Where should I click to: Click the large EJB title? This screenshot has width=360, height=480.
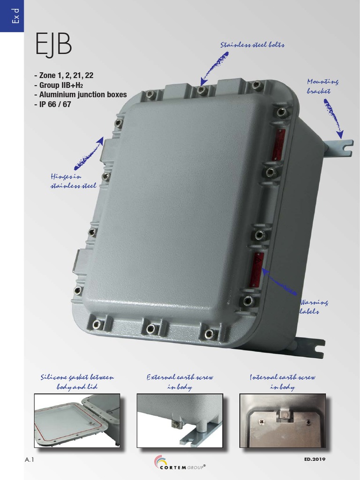coord(53,45)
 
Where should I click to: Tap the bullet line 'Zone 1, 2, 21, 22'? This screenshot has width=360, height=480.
coord(67,75)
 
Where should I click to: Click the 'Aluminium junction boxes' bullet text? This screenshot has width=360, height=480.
coord(80,95)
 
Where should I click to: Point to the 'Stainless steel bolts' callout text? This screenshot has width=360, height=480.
coord(252,45)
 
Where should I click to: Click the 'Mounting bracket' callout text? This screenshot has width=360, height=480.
coord(322,86)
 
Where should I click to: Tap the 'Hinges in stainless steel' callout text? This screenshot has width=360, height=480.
coord(73,181)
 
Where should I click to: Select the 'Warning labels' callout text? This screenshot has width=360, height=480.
coord(314,307)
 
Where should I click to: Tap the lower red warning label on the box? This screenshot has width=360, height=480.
coord(256,270)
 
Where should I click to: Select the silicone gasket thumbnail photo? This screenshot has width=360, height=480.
coord(77,420)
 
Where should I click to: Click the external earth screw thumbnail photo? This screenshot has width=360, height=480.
coord(180,420)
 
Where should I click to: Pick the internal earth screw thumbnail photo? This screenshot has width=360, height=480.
coord(282,420)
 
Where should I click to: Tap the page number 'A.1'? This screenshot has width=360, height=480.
coord(30,460)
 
